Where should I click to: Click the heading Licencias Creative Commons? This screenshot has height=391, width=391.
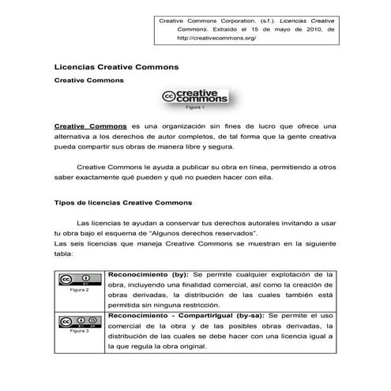pos(115,68)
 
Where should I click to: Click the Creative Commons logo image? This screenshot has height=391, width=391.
pos(194,97)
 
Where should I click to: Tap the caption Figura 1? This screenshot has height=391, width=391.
pos(194,107)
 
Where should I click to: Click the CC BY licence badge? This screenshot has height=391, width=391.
pos(79,280)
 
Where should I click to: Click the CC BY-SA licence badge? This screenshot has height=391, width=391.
pos(79,321)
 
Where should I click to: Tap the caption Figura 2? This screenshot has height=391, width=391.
pos(79,291)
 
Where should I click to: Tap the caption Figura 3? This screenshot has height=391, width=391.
pos(79,331)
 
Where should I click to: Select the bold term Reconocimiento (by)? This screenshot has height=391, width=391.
pos(146,274)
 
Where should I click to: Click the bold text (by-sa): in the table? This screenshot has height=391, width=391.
pos(248,315)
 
